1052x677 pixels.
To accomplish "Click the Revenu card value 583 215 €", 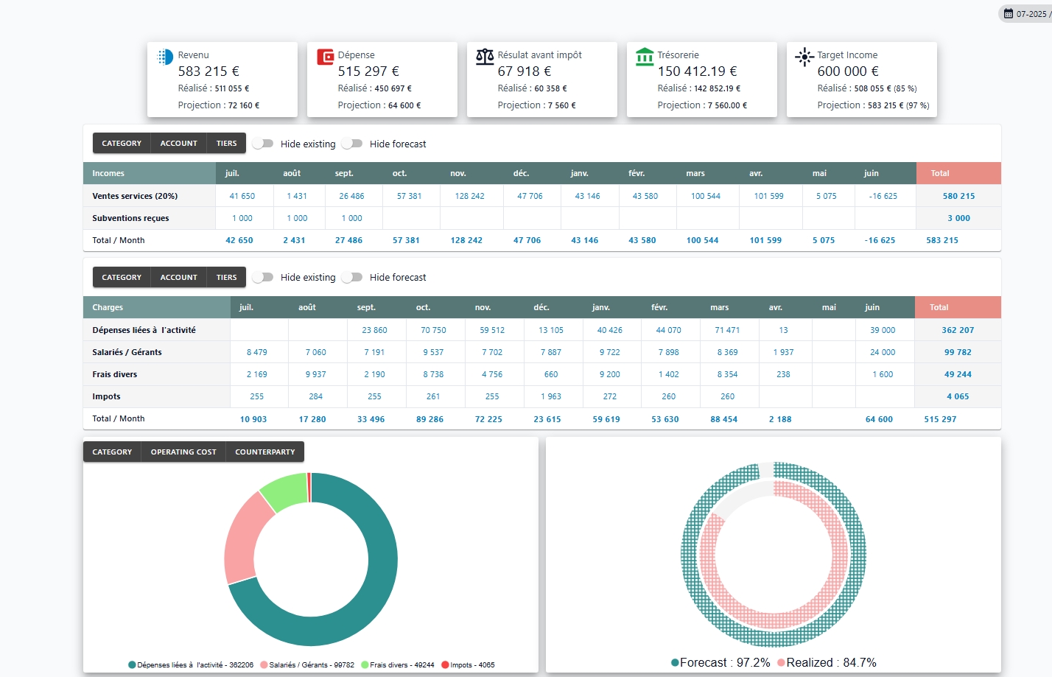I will tap(208, 71).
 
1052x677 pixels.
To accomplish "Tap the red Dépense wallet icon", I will tap(325, 57).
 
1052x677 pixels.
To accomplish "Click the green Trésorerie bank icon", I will tap(645, 57).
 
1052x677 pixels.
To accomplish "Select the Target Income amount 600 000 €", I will tap(847, 71).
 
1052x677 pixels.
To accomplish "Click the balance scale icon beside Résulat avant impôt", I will tap(485, 57).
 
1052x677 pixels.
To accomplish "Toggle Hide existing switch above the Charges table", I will tap(263, 277).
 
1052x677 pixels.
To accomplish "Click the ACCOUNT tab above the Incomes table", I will tap(178, 144).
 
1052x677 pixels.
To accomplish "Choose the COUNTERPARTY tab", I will tap(264, 452).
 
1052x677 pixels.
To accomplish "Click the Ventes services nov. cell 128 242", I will tap(469, 196).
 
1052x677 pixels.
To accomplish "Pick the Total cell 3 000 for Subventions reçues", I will tap(958, 218).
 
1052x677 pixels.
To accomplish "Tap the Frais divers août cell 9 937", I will tap(315, 374).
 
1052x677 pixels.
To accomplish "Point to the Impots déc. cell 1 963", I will tap(550, 396).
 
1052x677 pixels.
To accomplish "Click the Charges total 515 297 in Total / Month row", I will tap(940, 419).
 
